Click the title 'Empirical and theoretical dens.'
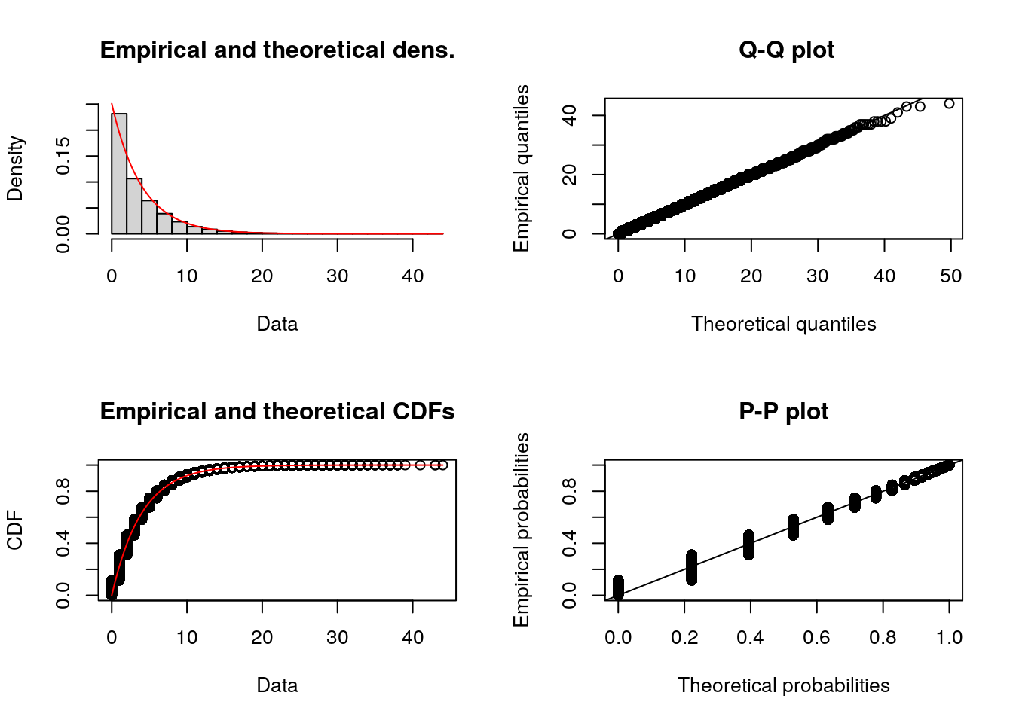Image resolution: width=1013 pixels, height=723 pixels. tap(277, 50)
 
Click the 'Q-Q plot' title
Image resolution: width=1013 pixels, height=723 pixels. tap(786, 50)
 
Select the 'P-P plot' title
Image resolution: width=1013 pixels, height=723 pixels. tap(783, 412)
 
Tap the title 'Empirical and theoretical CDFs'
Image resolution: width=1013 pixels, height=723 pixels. tap(277, 412)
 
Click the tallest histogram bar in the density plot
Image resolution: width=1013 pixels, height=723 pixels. tap(119, 173)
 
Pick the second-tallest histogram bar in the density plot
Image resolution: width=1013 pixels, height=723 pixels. tap(134, 206)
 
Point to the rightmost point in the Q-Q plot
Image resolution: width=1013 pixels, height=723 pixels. tap(949, 104)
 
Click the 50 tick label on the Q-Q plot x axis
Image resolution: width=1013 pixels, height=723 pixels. tap(950, 276)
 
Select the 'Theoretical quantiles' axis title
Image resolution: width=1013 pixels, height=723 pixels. tap(783, 324)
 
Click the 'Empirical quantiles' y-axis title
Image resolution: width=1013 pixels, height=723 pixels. tap(522, 168)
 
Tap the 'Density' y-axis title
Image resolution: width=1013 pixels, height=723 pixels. tap(15, 168)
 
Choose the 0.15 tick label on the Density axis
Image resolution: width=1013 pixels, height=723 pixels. tap(63, 156)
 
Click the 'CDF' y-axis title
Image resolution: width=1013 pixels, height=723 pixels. tap(15, 530)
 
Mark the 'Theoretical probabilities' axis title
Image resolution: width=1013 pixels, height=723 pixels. tap(783, 685)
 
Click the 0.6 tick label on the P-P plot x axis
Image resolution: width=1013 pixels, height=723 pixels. tap(816, 638)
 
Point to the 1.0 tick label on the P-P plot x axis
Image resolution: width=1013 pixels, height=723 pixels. tap(949, 638)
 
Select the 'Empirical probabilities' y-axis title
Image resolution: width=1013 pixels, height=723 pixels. tap(522, 529)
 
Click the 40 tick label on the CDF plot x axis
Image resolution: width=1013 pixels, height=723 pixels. tap(412, 638)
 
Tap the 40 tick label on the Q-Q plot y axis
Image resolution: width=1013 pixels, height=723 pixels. tap(570, 115)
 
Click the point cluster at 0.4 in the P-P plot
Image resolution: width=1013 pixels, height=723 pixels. tap(748, 545)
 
